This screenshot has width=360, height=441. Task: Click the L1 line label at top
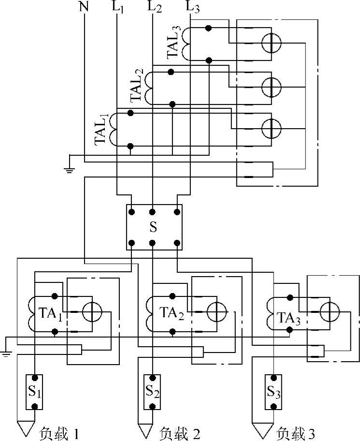point(119,8)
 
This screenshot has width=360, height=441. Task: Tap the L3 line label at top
point(192,8)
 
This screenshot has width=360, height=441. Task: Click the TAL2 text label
point(137,86)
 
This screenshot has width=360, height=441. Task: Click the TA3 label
point(289,318)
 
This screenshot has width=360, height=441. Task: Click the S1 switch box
point(34,391)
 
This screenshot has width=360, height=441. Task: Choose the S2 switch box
point(152,391)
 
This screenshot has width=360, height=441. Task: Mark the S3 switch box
point(274,391)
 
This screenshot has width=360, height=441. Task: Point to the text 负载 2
point(179,432)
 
